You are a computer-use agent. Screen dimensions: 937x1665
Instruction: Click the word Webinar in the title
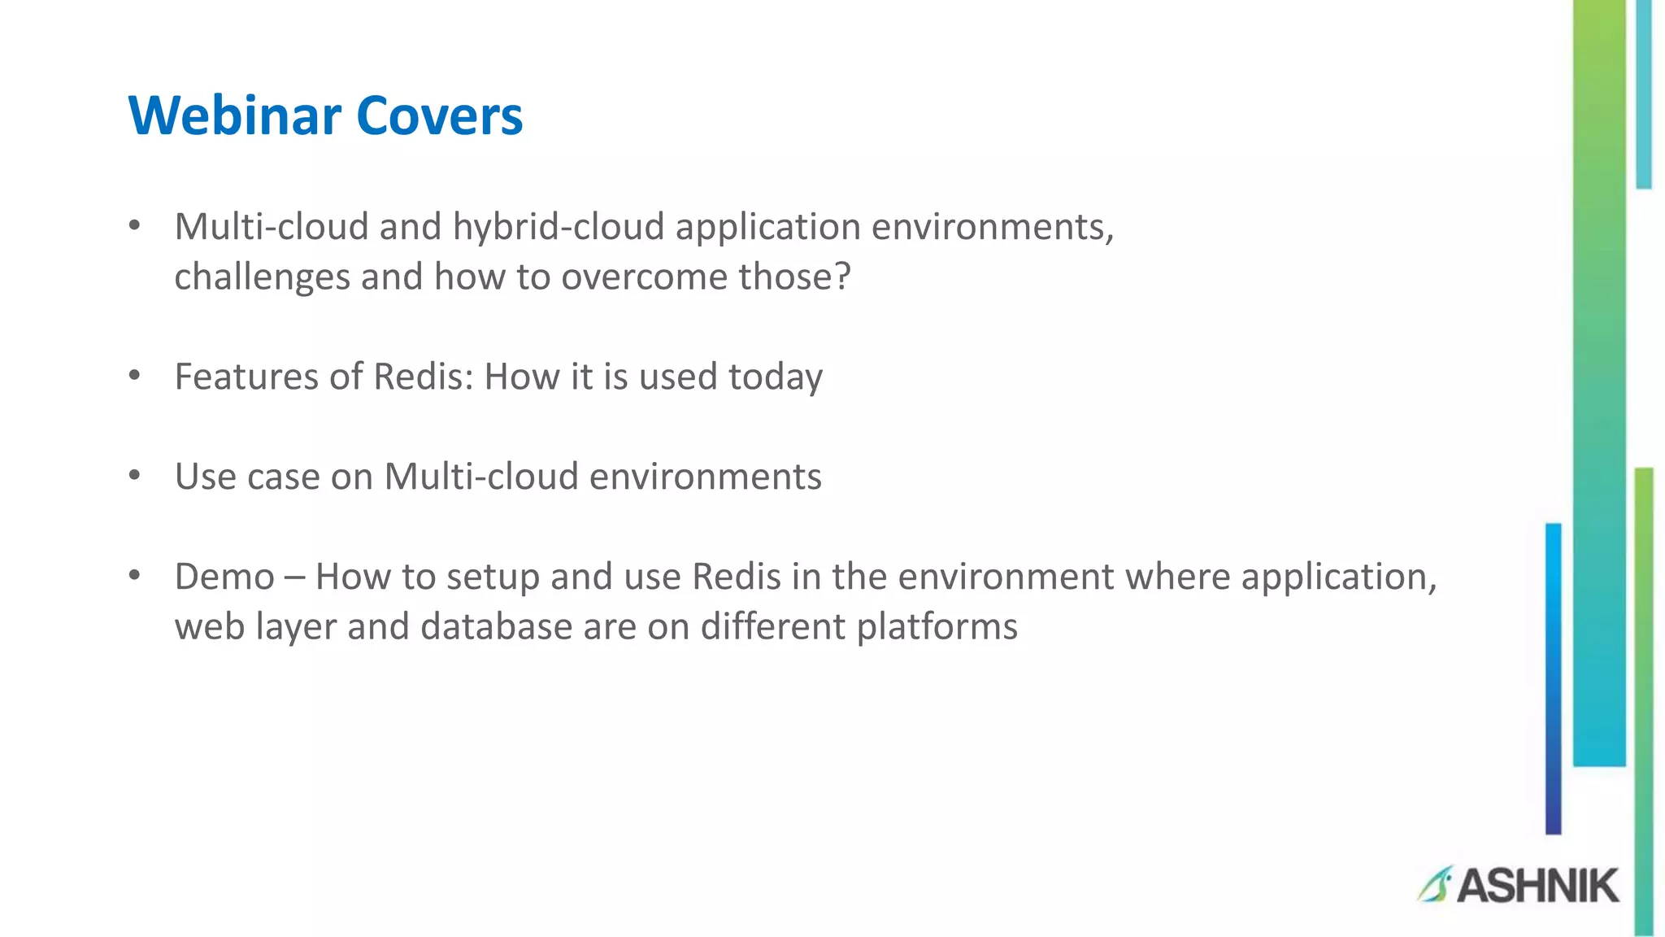(x=234, y=115)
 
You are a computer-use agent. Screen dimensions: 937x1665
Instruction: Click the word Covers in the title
(x=439, y=115)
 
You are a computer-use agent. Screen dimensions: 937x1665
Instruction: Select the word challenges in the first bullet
(x=261, y=277)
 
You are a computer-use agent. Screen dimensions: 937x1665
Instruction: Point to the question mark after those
(x=842, y=277)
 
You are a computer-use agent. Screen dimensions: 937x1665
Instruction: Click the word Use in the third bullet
(x=205, y=477)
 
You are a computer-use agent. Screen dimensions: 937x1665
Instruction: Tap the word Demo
(x=224, y=577)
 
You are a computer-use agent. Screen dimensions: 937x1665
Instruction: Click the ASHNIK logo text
(x=1537, y=886)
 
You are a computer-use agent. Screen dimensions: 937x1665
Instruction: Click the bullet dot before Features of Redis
(x=135, y=377)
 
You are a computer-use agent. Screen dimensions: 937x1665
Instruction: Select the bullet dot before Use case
(x=135, y=477)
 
